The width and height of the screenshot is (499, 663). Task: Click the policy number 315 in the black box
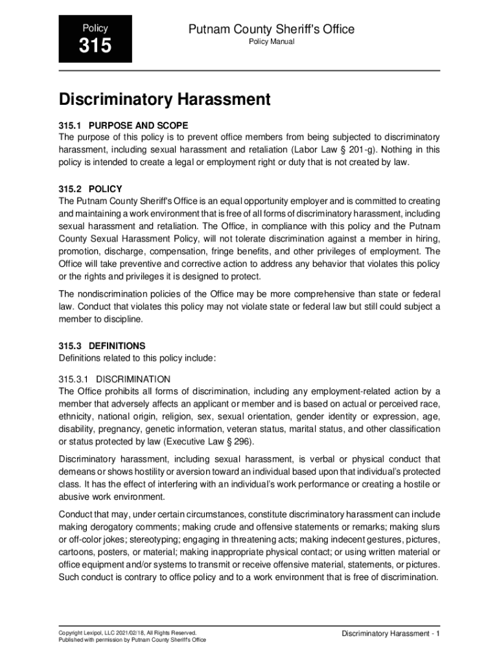pyautogui.click(x=95, y=47)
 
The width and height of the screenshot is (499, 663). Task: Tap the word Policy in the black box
pyautogui.click(x=95, y=28)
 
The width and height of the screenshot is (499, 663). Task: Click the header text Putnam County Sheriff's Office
pyautogui.click(x=271, y=29)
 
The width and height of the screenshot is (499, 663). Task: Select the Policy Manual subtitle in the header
pyautogui.click(x=272, y=42)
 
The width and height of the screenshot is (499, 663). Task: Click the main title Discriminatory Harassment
pyautogui.click(x=164, y=100)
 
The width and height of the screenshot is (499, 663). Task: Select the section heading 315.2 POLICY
pyautogui.click(x=90, y=189)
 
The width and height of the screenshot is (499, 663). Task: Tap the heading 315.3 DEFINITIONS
pyautogui.click(x=102, y=346)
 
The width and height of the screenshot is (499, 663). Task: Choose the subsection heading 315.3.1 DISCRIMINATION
pyautogui.click(x=115, y=379)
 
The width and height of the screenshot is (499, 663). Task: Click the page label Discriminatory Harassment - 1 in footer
pyautogui.click(x=391, y=633)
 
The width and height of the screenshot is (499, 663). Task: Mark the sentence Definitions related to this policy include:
pyautogui.click(x=137, y=358)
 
